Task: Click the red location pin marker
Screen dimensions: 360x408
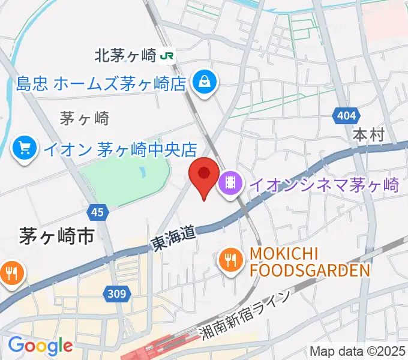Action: coord(203,175)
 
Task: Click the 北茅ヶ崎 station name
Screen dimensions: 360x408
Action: coord(125,56)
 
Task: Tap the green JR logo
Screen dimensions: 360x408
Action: coord(167,56)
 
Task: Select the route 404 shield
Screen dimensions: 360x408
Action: coord(346,115)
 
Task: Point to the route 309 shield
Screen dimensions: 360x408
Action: coord(118,293)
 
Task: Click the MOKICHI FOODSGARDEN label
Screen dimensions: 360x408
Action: coord(309,262)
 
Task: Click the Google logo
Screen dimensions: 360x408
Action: coord(40,346)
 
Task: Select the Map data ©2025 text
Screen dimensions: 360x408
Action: coord(357,351)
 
